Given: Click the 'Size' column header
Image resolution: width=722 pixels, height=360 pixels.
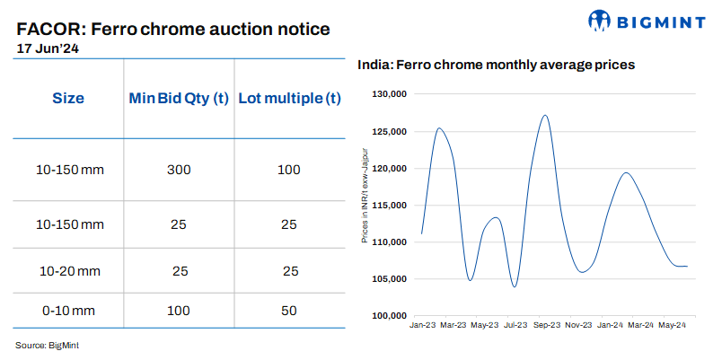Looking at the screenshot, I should click(68, 99).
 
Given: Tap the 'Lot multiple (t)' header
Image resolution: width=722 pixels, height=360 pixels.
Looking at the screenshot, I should click(289, 99).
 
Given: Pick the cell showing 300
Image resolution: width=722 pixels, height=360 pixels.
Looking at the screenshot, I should click(178, 170).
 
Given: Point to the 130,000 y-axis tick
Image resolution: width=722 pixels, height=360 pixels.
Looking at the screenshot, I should click(391, 94).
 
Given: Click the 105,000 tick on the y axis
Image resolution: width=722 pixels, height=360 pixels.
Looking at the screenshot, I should click(391, 279).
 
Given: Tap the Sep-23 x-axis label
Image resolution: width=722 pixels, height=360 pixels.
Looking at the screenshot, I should click(547, 325).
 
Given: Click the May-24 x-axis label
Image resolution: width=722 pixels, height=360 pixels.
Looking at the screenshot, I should click(673, 325).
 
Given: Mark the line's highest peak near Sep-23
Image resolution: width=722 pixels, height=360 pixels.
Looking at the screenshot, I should click(545, 115).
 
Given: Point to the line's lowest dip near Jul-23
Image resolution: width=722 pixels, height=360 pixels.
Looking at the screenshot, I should click(515, 286).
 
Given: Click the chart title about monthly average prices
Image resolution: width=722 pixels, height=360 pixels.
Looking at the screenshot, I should click(497, 65).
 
